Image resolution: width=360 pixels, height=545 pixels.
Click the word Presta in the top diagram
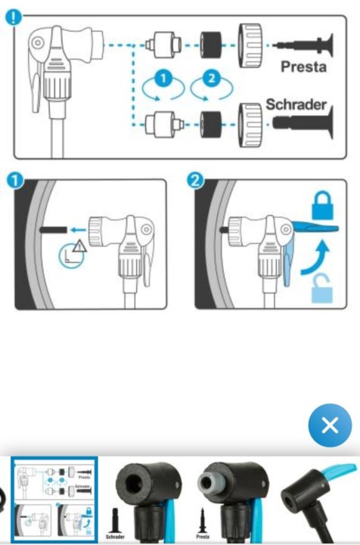tap(303, 67)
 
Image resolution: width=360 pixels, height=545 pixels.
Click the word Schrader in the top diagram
tap(296, 104)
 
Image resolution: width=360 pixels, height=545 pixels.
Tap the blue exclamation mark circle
tap(14, 17)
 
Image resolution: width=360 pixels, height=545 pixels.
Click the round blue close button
tap(330, 425)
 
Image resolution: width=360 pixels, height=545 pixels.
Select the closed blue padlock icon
tap(322, 206)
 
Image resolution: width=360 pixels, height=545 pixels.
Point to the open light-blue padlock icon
tap(322, 288)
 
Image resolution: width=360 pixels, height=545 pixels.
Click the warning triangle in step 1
tap(80, 246)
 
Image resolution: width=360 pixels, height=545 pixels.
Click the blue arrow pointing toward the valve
tap(78, 229)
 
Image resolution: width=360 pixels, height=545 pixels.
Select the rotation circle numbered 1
tap(163, 87)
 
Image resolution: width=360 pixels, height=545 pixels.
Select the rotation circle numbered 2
tap(212, 87)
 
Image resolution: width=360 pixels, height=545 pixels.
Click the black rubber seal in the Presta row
tap(211, 45)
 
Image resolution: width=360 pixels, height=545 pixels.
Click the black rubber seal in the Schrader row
tap(211, 124)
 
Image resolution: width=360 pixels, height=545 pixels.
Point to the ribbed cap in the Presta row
tap(250, 45)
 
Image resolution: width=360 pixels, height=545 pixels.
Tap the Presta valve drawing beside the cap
tap(303, 45)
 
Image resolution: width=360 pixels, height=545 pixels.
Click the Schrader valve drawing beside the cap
tap(303, 123)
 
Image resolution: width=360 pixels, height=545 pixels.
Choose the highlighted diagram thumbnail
tap(54, 500)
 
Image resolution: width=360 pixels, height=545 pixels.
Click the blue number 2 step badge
tap(195, 181)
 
